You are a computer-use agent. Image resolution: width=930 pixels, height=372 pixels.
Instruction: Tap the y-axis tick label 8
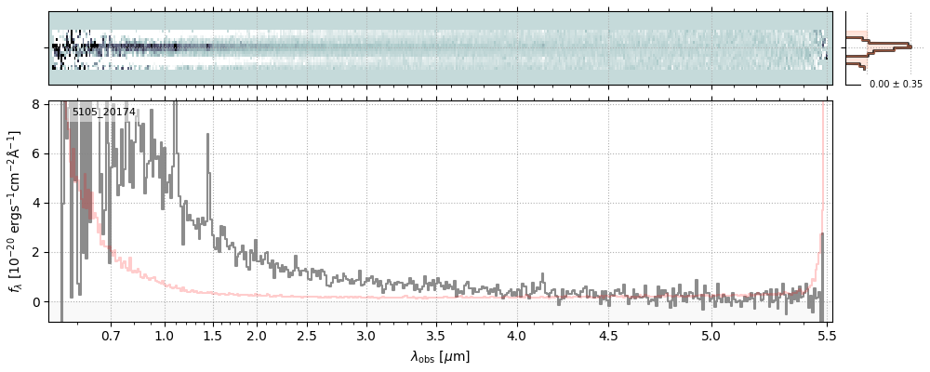click(x=36, y=104)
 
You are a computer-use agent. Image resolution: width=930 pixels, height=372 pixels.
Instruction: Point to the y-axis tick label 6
click(x=36, y=153)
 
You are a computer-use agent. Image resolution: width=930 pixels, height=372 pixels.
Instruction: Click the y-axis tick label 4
click(x=36, y=203)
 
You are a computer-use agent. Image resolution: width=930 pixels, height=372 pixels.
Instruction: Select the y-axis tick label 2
click(x=36, y=252)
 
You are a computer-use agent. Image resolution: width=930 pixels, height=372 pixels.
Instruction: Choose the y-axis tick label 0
click(x=36, y=302)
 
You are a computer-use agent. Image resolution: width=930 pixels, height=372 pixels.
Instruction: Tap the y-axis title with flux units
click(x=15, y=211)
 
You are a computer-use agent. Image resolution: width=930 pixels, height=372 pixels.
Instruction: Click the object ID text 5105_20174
click(x=104, y=113)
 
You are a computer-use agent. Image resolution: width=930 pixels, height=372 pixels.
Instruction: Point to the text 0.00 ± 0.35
click(x=896, y=84)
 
